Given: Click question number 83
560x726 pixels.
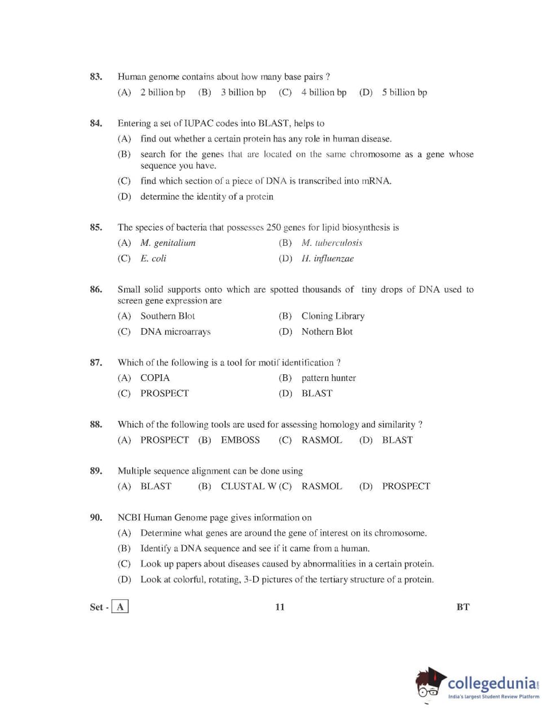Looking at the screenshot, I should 96,77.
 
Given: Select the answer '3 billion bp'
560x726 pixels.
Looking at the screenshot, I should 243,92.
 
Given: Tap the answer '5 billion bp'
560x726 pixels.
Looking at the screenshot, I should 404,92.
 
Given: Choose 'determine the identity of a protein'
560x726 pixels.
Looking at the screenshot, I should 206,197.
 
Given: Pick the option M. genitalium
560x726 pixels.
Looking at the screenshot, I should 167,243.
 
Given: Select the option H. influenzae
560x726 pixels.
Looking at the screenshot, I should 327,259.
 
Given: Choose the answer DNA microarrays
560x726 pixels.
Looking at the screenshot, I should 175,332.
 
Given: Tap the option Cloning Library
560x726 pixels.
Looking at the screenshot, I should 333,316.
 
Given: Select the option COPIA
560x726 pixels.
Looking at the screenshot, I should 155,378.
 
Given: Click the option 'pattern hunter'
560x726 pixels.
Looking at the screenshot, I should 328,378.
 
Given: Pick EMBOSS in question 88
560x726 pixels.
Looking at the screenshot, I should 240,440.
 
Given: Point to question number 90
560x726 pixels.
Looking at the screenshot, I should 96,517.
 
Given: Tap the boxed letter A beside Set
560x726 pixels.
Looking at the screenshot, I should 120,607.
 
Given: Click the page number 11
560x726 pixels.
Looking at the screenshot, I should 280,607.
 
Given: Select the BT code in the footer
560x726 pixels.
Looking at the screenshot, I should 462,607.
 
